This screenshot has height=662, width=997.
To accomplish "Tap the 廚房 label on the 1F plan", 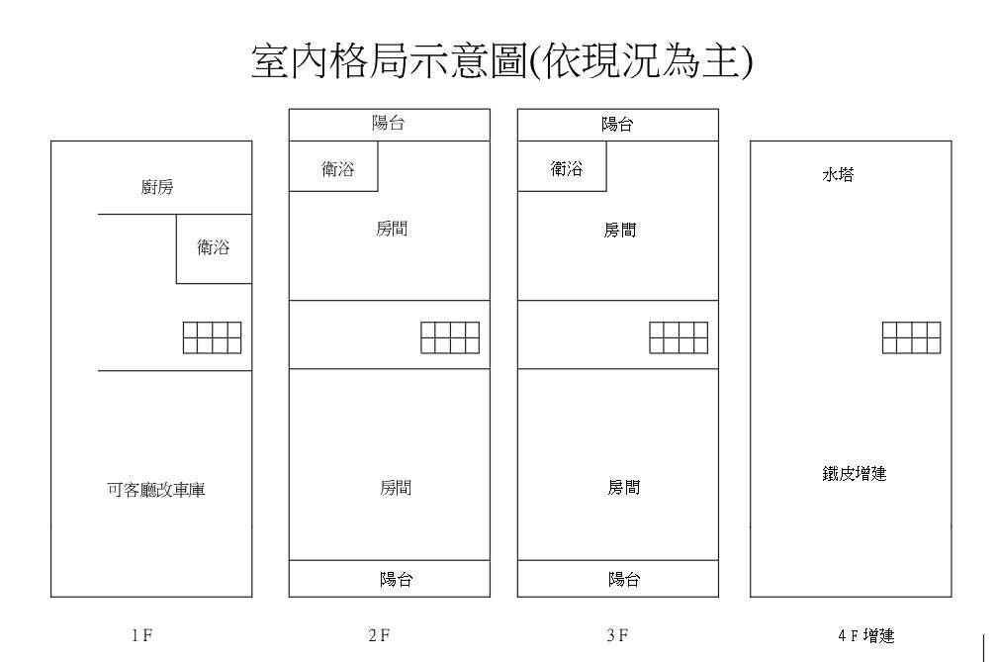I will pos(157,187).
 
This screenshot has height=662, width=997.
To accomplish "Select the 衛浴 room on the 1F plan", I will pos(214,248).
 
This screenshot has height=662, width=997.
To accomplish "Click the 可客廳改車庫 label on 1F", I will pos(156,490).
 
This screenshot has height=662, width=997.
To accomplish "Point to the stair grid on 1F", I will pos(212,337).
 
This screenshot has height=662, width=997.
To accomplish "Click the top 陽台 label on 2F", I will pos(388,125).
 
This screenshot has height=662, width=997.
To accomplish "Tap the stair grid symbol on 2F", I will pos(450,337).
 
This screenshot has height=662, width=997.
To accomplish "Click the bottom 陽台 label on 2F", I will pos(396,579).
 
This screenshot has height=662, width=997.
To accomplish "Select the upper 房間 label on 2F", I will pos(392,229).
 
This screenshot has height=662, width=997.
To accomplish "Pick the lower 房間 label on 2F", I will pos(396,487).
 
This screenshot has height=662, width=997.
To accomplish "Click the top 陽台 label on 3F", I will pos(617,125).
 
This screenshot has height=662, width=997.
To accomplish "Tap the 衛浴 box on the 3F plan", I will pos(567,169).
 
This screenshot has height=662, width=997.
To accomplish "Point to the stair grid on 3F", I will pos(679,337).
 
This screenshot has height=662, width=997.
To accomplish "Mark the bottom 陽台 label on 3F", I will pos(624,579).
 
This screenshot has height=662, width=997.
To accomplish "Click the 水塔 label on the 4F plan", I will pos(838,175).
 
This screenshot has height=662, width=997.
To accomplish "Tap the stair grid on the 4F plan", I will pos(911,337).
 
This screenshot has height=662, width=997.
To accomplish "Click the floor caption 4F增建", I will pos(864,636).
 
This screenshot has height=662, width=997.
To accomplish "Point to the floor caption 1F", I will pos(141,636).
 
